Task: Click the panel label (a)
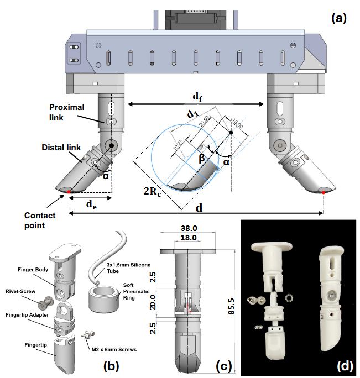pos(338,18)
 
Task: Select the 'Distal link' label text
pos(62,148)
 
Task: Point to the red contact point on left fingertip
pos(69,191)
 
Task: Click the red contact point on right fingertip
pos(324,192)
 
